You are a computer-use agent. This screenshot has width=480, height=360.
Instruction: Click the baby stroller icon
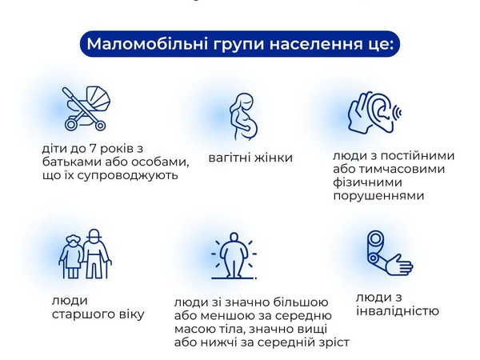click(86, 108)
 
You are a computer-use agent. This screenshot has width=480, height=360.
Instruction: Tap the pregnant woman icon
click(243, 117)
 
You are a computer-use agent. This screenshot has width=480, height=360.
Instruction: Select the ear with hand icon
click(374, 112)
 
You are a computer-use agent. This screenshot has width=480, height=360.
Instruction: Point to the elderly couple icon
click(85, 254)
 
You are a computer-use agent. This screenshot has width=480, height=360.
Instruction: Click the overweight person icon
click(234, 256)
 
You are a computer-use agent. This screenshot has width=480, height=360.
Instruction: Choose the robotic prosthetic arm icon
click(390, 253)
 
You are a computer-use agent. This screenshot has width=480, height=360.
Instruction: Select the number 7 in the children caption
click(92, 149)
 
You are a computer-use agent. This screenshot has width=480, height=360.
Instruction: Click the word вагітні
click(227, 158)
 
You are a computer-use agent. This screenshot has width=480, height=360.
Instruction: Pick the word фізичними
click(368, 182)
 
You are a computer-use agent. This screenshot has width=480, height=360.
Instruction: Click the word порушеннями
click(378, 196)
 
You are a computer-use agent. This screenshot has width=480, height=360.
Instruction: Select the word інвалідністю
click(398, 310)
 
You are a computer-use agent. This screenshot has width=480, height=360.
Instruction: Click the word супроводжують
click(128, 176)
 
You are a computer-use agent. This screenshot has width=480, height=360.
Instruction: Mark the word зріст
click(335, 342)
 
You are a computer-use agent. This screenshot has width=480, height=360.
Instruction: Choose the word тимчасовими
click(402, 170)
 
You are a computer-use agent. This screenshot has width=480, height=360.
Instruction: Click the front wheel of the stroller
click(100, 126)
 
